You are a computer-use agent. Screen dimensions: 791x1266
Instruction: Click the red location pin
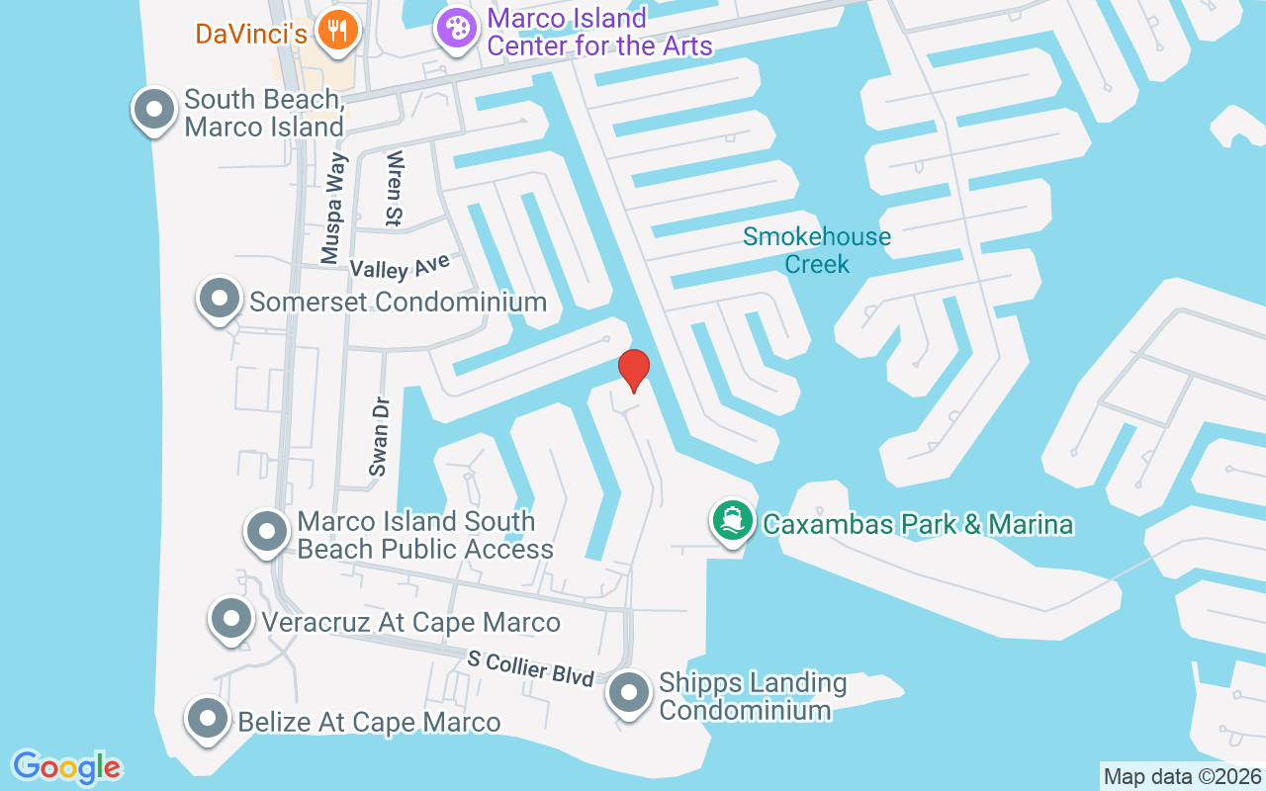[x=633, y=370]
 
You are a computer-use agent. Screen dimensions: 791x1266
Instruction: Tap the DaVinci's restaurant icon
[x=338, y=31]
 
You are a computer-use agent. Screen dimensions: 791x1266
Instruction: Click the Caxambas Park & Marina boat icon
[x=732, y=521]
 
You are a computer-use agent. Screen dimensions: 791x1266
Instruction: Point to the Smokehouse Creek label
[x=817, y=250]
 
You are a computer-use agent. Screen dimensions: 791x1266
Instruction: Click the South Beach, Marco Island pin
[x=153, y=110]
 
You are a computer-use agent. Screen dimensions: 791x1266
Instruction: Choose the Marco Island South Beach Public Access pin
[x=266, y=532]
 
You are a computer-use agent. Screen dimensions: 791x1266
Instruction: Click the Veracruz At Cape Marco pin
[x=230, y=620]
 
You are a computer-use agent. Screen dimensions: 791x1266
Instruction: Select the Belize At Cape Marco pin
[x=208, y=719]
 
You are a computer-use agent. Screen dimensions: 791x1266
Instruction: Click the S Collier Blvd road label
[x=531, y=668]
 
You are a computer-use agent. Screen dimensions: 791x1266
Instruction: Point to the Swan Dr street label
[x=379, y=437]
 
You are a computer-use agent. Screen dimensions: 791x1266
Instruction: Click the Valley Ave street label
[x=400, y=265]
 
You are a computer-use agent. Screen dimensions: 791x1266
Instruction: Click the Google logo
[x=66, y=767]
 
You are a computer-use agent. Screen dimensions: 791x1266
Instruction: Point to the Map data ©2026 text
[x=1182, y=776]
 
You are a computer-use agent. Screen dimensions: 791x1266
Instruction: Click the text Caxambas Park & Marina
[x=918, y=523]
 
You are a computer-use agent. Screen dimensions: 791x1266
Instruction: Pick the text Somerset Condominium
[x=398, y=302]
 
